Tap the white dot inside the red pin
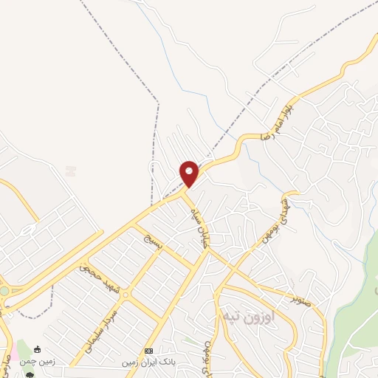(x=190, y=171)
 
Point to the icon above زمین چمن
(x=38, y=348)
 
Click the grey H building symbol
(x=71, y=171)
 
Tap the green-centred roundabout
(x=4, y=292)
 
